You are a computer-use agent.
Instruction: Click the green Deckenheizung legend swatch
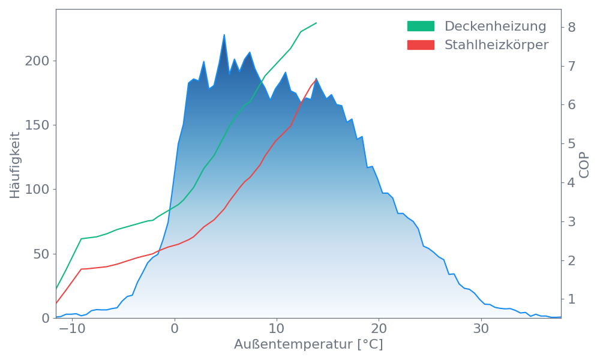pyautogui.click(x=421, y=26)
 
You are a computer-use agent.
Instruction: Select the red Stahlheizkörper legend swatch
pyautogui.click(x=421, y=45)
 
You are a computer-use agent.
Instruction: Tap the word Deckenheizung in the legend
pyautogui.click(x=495, y=26)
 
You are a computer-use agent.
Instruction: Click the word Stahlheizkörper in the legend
pyautogui.click(x=496, y=45)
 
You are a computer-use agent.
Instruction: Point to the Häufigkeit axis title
pyautogui.click(x=15, y=165)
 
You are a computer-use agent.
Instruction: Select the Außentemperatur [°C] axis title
pyautogui.click(x=308, y=345)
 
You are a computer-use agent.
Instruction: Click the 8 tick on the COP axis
pyautogui.click(x=572, y=27)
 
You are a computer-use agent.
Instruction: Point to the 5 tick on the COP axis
pyautogui.click(x=572, y=143)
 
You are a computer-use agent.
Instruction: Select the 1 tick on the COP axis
pyautogui.click(x=572, y=299)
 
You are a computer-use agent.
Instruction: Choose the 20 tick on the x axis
pyautogui.click(x=379, y=329)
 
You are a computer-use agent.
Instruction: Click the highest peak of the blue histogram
pyautogui.click(x=224, y=35)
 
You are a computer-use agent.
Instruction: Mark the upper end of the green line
pyautogui.click(x=316, y=23)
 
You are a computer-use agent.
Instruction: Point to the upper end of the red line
pyautogui.click(x=316, y=80)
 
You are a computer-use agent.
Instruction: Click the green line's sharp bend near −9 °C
pyautogui.click(x=82, y=238)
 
